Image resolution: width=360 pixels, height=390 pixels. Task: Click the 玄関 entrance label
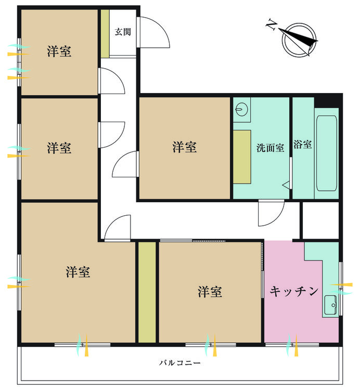pyautogui.click(x=123, y=32)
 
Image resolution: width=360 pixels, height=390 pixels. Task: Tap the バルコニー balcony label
pyautogui.click(x=180, y=362)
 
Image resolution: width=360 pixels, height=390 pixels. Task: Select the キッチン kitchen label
pyautogui.click(x=294, y=291)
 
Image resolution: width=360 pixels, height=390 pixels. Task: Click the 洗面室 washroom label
pyautogui.click(x=270, y=148)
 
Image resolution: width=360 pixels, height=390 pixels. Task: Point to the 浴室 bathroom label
pyautogui.click(x=303, y=144)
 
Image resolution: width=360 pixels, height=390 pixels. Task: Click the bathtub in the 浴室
pyautogui.click(x=326, y=153)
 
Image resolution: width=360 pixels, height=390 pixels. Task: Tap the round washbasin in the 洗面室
pyautogui.click(x=240, y=109)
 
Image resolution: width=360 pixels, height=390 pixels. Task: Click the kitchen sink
pyautogui.click(x=330, y=305)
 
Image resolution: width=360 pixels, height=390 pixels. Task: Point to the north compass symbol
pyautogui.click(x=299, y=40)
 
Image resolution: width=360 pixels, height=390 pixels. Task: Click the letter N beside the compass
pyautogui.click(x=272, y=25)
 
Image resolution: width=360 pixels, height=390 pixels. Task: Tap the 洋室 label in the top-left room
pyautogui.click(x=59, y=51)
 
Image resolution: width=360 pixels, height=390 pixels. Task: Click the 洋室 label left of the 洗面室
pyautogui.click(x=185, y=147)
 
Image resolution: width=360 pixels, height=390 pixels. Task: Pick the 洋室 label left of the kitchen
pyautogui.click(x=210, y=292)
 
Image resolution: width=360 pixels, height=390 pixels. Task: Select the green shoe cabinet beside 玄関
pyautogui.click(x=105, y=34)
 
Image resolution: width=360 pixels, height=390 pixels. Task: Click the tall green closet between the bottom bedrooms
pyautogui.click(x=147, y=292)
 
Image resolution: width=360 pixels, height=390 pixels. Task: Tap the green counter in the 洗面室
pyautogui.click(x=242, y=157)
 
